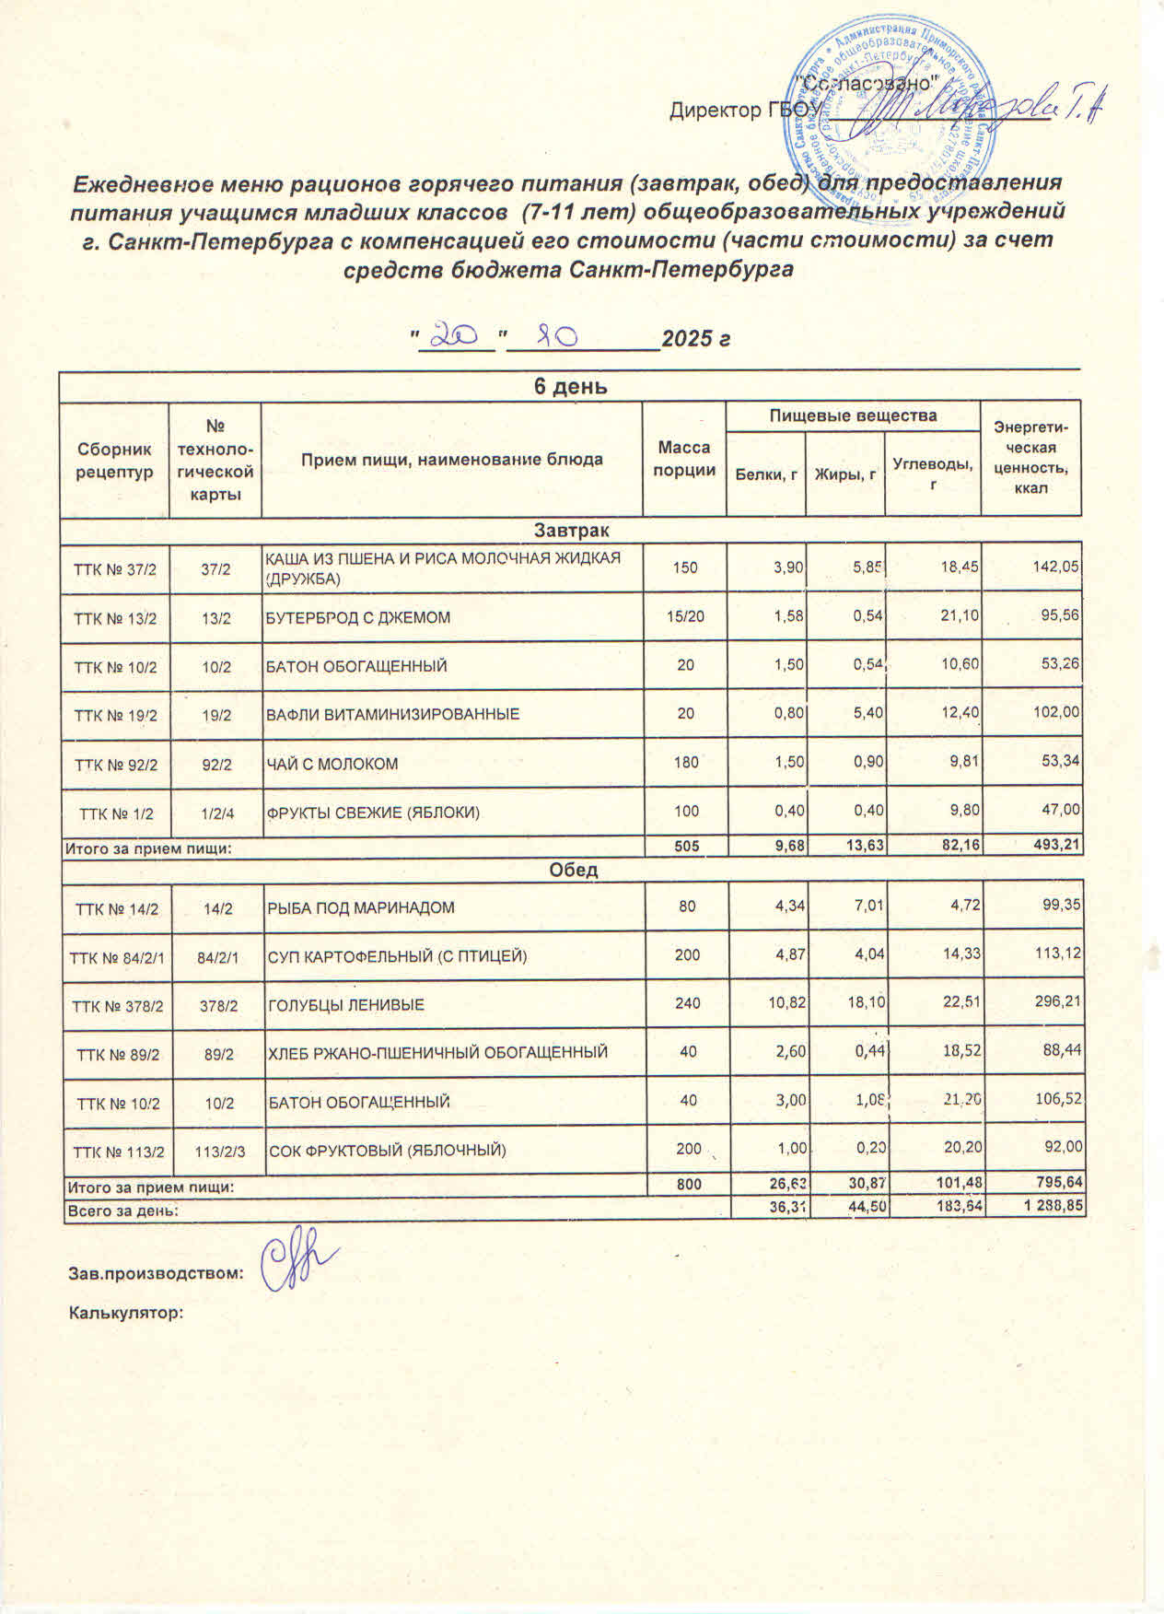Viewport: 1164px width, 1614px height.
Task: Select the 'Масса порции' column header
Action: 684,459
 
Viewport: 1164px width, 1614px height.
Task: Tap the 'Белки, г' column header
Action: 765,474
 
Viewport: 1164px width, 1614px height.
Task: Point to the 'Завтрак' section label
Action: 571,531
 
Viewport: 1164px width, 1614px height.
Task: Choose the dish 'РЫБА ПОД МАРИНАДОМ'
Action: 361,907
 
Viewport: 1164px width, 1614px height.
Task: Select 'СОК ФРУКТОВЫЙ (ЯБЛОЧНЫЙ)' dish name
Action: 387,1150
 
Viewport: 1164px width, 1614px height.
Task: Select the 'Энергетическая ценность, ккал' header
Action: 1031,459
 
